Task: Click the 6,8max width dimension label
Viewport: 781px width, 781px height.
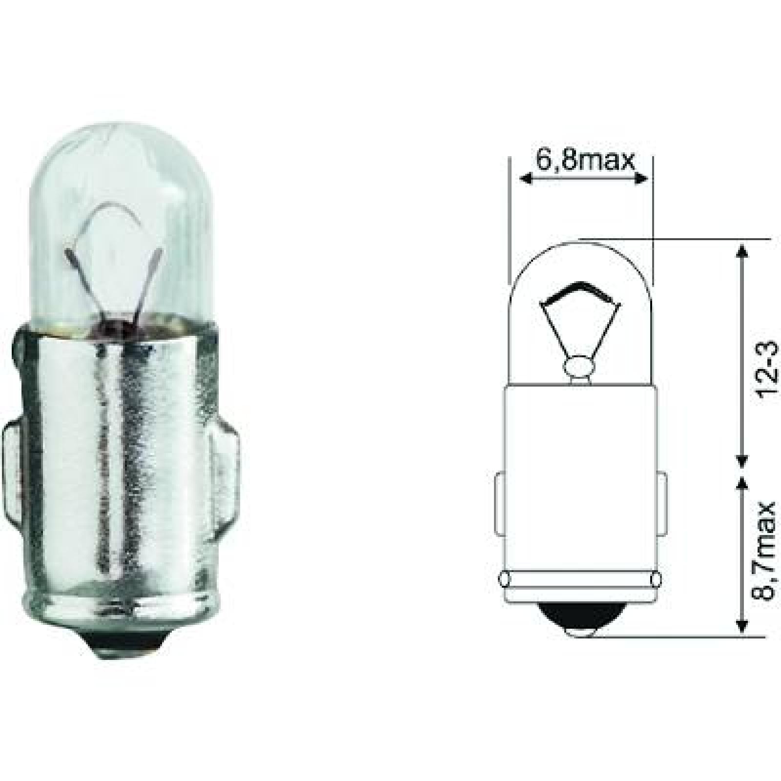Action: [x=585, y=160]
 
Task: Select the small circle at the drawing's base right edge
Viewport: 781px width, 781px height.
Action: [x=656, y=579]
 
